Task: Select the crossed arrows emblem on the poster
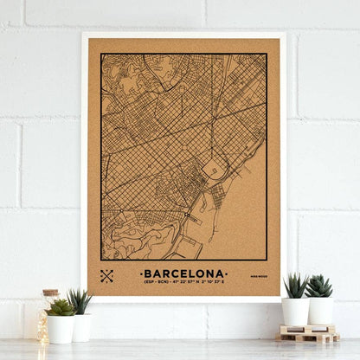pyautogui.click(x=107, y=276)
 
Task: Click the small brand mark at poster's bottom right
pyautogui.click(x=257, y=277)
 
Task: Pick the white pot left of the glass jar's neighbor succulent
pyautogui.click(x=61, y=329)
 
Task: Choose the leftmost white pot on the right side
pyautogui.click(x=295, y=312)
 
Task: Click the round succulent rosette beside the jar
pyautogui.click(x=60, y=307)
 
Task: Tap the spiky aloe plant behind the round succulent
pyautogui.click(x=81, y=301)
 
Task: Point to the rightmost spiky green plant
pyautogui.click(x=319, y=286)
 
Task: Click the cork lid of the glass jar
pyautogui.click(x=49, y=293)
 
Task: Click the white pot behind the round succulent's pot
pyautogui.click(x=82, y=326)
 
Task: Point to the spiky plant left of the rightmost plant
pyautogui.click(x=295, y=286)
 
